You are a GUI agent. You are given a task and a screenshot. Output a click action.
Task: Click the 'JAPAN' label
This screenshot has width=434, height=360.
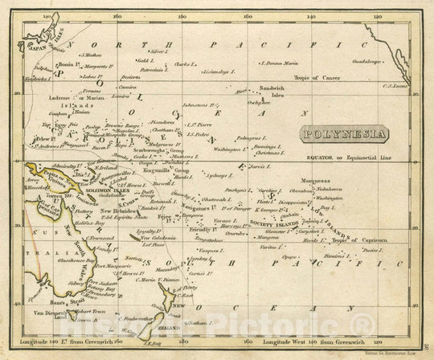32,47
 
